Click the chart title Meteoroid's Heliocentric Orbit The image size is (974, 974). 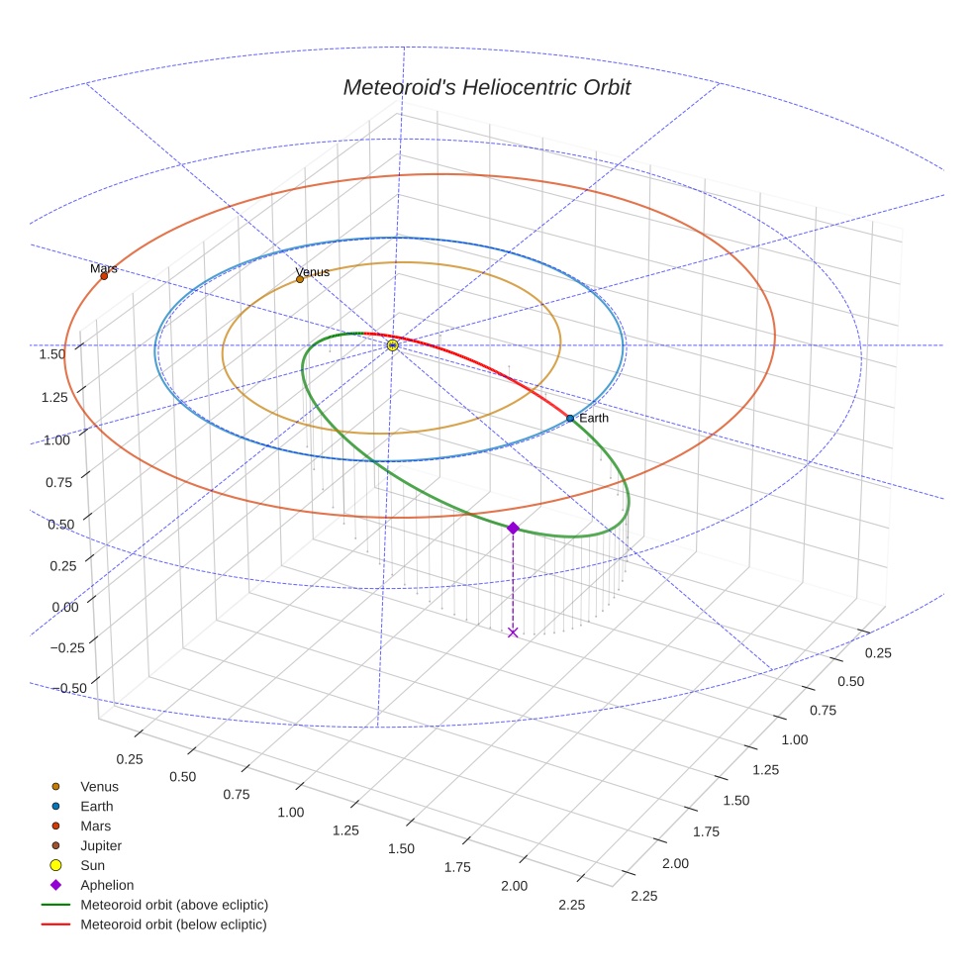(x=486, y=87)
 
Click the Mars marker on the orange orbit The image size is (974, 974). (x=104, y=276)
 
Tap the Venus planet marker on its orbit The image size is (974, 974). (x=300, y=279)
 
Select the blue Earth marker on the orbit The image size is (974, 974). (x=570, y=419)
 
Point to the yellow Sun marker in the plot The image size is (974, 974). (x=393, y=344)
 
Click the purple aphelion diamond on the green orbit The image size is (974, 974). (x=513, y=528)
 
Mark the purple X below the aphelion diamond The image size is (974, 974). (x=513, y=633)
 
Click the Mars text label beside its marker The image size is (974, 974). (x=104, y=268)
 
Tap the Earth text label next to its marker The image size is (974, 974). (x=594, y=419)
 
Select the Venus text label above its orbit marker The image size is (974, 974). (x=313, y=272)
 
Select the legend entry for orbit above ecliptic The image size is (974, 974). (x=174, y=905)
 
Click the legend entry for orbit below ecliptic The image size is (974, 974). (x=173, y=925)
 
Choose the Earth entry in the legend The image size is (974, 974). (x=96, y=806)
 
